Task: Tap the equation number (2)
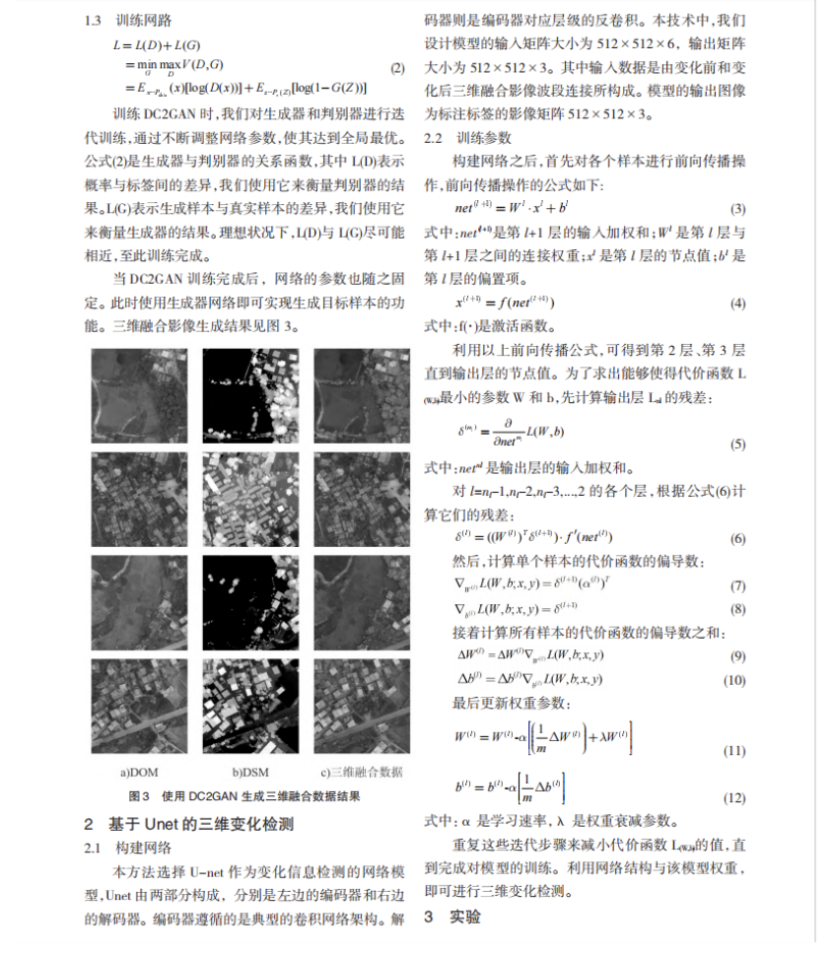click(x=396, y=70)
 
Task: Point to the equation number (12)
click(x=734, y=797)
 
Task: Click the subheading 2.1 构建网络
click(x=128, y=848)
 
